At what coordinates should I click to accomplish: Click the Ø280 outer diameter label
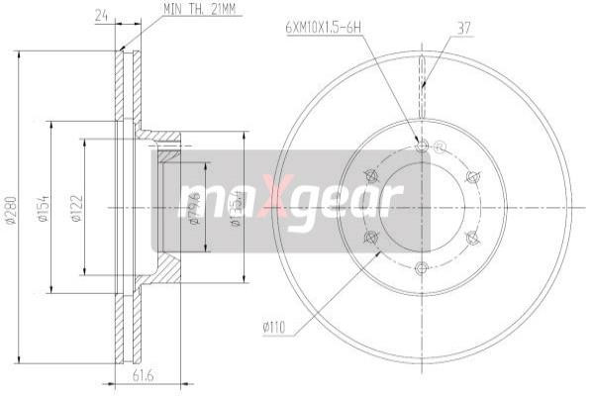coord(11,208)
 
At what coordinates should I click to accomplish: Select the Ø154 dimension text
coord(44,208)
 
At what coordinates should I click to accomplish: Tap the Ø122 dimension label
coord(76,208)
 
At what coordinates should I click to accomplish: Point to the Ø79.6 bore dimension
coord(195,208)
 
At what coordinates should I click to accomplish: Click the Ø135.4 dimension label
coord(236,208)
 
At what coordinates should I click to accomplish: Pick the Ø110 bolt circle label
coord(276,323)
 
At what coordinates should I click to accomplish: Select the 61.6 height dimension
coord(147,374)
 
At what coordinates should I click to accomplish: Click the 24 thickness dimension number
coord(99,14)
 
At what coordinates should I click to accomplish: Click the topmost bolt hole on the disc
coord(423,147)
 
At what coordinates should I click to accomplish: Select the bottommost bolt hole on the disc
coord(423,268)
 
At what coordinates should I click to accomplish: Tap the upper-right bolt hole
coord(472,177)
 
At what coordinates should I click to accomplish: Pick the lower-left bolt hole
coord(371,238)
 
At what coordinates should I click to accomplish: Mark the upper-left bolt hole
coord(371,177)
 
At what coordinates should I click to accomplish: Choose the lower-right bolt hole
coord(472,238)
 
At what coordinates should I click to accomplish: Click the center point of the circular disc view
coord(423,208)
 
